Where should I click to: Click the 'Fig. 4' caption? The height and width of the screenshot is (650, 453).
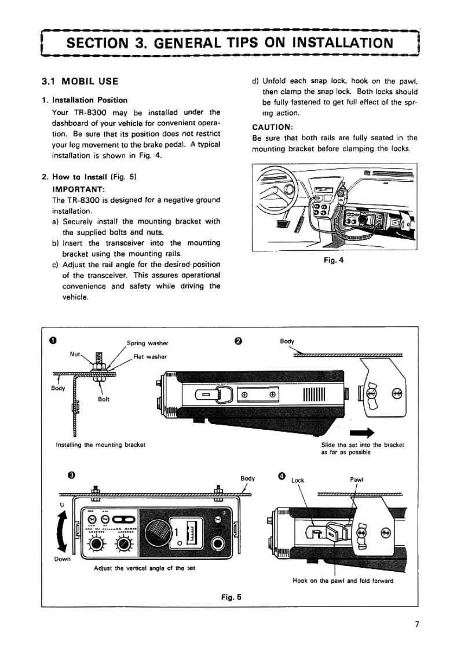click(x=334, y=260)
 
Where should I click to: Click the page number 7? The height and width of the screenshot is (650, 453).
click(x=416, y=624)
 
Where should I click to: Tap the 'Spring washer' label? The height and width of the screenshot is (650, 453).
click(x=148, y=343)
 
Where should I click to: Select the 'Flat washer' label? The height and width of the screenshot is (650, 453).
click(x=149, y=356)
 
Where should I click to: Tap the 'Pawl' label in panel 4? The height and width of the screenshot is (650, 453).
click(x=356, y=480)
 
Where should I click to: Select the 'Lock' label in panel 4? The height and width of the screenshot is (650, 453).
click(x=297, y=480)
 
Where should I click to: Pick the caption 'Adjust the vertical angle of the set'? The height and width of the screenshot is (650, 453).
click(x=144, y=568)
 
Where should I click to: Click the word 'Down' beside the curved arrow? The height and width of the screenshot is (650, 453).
click(x=62, y=559)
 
